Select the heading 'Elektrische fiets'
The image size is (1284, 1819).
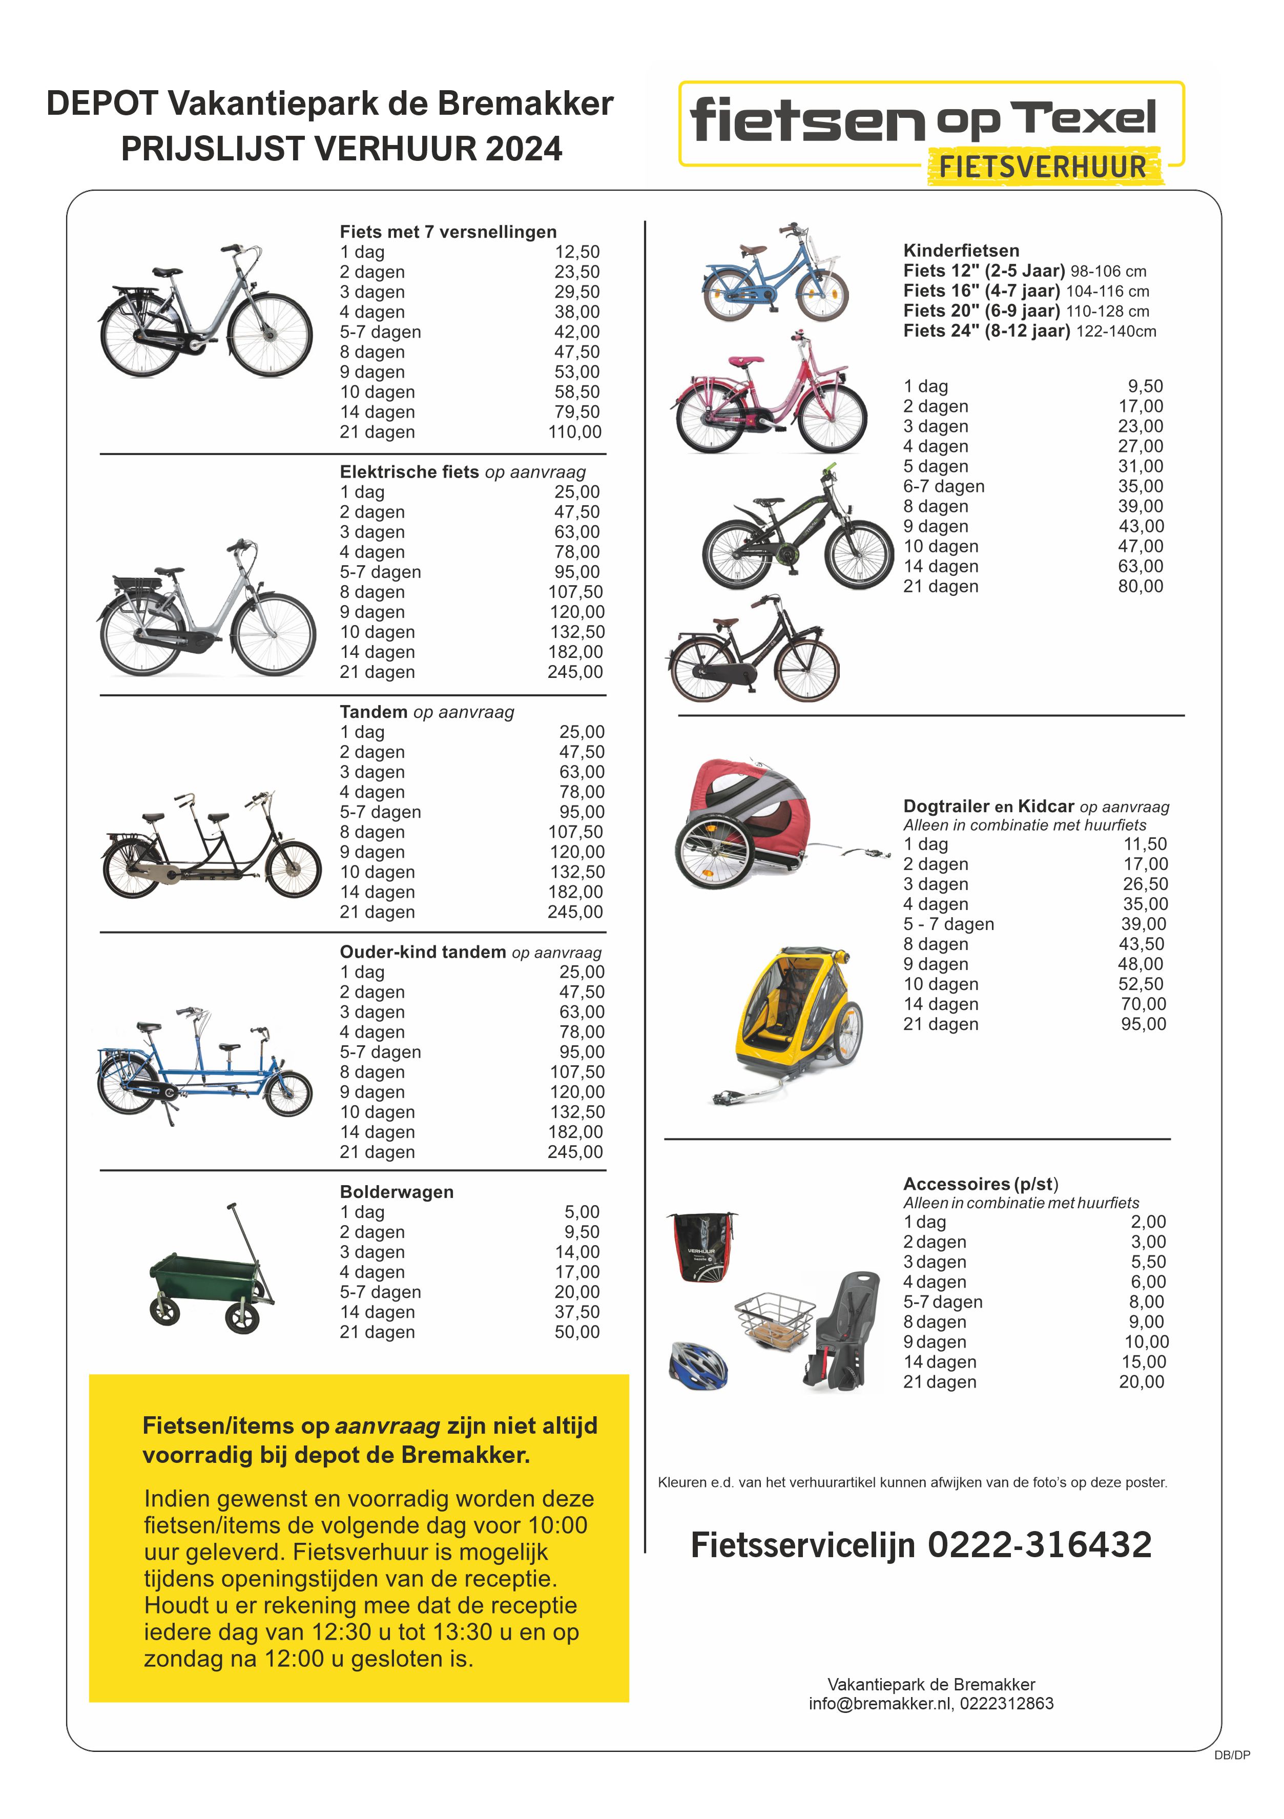click(409, 472)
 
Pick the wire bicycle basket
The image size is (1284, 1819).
click(775, 1317)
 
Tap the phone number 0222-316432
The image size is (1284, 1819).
click(1039, 1545)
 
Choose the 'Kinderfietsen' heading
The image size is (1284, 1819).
click(961, 251)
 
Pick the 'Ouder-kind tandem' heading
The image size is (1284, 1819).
click(422, 952)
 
